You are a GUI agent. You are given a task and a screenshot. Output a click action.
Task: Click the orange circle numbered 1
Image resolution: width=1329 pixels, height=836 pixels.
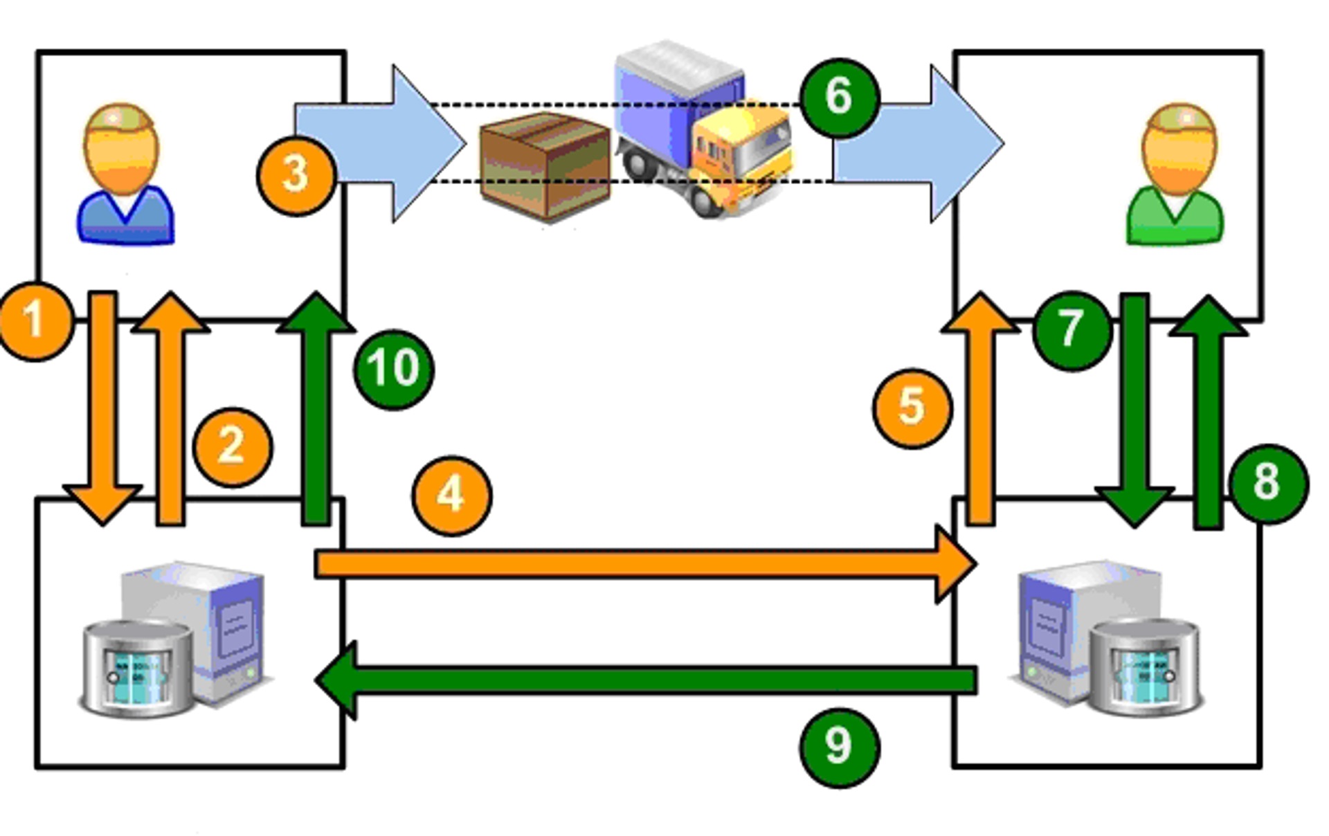pyautogui.click(x=35, y=321)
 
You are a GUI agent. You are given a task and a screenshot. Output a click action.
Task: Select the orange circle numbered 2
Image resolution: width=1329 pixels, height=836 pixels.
pyautogui.click(x=233, y=446)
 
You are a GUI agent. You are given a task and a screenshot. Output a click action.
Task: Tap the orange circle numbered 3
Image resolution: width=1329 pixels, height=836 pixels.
pyautogui.click(x=296, y=175)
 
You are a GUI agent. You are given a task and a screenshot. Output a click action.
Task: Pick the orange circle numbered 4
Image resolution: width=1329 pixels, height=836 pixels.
pyautogui.click(x=452, y=496)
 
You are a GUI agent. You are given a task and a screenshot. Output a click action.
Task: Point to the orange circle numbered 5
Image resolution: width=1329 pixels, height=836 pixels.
pyautogui.click(x=912, y=408)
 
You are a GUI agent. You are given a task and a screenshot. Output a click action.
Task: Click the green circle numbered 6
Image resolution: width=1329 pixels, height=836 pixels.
pyautogui.click(x=839, y=97)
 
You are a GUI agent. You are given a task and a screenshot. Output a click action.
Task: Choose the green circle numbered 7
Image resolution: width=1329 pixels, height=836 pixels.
pyautogui.click(x=1072, y=329)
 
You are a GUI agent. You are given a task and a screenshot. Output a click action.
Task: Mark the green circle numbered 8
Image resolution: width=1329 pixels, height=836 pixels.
pyautogui.click(x=1268, y=482)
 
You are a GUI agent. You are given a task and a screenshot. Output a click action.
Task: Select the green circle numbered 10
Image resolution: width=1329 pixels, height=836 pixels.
pyautogui.click(x=394, y=368)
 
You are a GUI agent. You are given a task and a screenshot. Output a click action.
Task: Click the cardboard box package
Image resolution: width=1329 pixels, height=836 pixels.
pyautogui.click(x=545, y=166)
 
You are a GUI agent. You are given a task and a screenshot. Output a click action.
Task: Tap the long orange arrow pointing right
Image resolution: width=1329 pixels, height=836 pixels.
pyautogui.click(x=644, y=564)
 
